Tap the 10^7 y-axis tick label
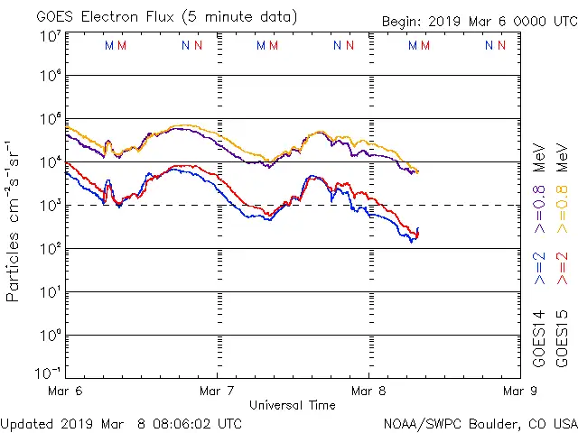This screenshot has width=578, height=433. pyautogui.click(x=50, y=36)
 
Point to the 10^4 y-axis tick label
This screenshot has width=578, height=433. pyautogui.click(x=50, y=162)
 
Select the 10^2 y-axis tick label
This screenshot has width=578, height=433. pyautogui.click(x=50, y=249)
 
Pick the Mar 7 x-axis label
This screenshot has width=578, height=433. pyautogui.click(x=217, y=392)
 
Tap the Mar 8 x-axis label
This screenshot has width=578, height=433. pyautogui.click(x=368, y=392)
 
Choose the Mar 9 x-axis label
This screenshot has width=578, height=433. pyautogui.click(x=517, y=392)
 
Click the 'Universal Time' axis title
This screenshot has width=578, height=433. pyautogui.click(x=292, y=405)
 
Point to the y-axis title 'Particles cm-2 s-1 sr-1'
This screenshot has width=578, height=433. pyautogui.click(x=15, y=221)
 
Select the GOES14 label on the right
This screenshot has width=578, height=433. pyautogui.click(x=539, y=337)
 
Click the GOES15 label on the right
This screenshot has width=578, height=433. pyautogui.click(x=563, y=337)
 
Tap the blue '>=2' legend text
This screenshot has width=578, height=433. pyautogui.click(x=539, y=268)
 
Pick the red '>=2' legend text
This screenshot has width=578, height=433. pyautogui.click(x=563, y=268)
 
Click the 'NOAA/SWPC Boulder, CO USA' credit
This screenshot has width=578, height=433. pyautogui.click(x=480, y=422)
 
